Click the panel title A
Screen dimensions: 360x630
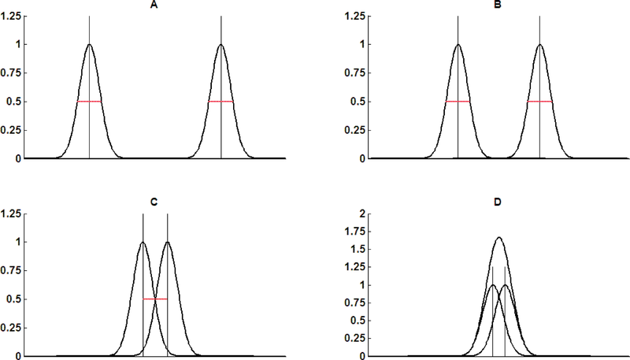154,5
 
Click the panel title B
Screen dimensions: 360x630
498,5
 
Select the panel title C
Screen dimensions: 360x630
154,202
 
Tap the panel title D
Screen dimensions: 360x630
498,202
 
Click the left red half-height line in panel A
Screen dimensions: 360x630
89,102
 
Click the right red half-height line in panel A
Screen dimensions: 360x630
220,102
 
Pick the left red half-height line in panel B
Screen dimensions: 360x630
458,102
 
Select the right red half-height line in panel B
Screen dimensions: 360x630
539,102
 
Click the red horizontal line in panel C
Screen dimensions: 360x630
155,299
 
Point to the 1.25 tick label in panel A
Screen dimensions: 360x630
11,16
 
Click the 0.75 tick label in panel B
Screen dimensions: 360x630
354,73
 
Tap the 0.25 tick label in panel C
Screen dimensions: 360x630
11,328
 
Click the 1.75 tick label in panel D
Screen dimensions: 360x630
354,232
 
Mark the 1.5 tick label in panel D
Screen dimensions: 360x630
357,249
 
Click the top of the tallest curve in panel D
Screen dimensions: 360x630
498,237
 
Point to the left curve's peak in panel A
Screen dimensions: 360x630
89,45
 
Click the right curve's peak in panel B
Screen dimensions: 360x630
539,45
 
